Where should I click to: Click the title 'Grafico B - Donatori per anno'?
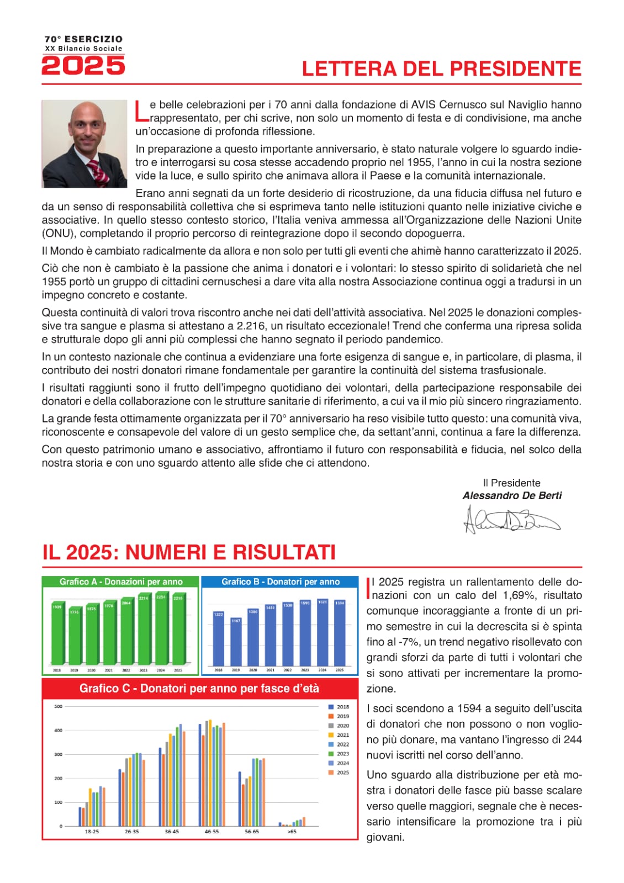coord(281,581)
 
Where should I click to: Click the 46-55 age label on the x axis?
coord(211,832)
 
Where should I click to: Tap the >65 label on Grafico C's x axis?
coord(292,832)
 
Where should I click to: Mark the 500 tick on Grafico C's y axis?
coord(58,706)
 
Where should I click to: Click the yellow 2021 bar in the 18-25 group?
coord(90,807)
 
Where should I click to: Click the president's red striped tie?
coord(100,172)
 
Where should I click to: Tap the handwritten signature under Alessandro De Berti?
coord(511,520)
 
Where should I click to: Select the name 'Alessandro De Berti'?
coord(512,495)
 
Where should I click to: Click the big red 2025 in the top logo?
coord(83,66)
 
